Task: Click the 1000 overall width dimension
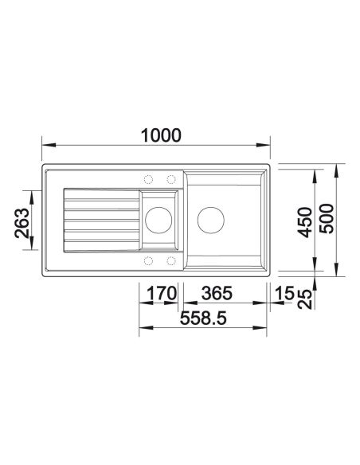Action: (161, 135)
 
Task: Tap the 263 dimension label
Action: (22, 223)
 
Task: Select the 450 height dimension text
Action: (305, 222)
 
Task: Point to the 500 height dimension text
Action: (327, 218)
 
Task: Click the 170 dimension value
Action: (162, 293)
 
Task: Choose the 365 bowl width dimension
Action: (217, 293)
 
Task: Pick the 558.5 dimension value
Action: (203, 318)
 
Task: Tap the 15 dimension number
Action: (284, 293)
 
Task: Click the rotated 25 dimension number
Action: (305, 299)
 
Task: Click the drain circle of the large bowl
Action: (211, 220)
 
